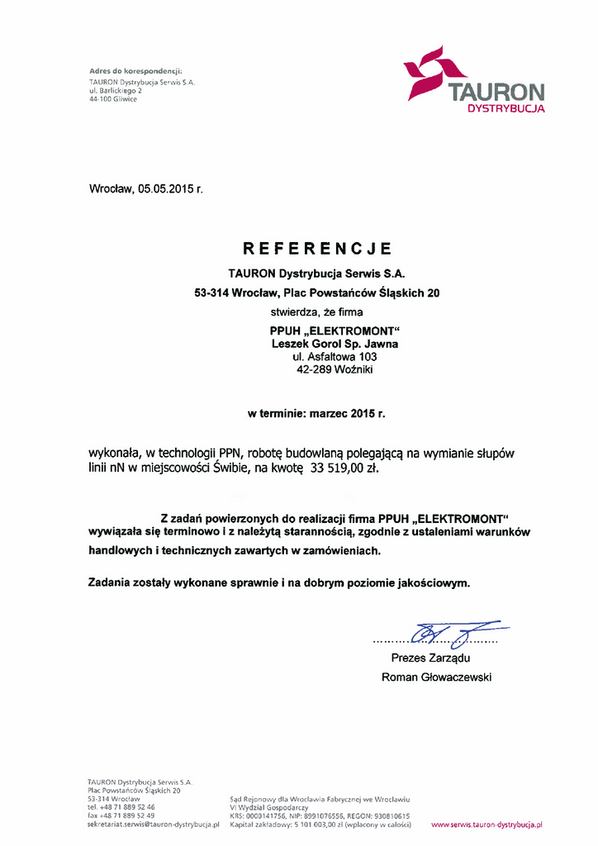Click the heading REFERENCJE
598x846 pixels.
coord(317,249)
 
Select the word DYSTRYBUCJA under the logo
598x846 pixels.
coord(505,108)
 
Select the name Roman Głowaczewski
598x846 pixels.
coord(436,677)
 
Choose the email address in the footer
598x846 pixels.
coord(153,824)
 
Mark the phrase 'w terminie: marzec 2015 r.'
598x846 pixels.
coord(316,411)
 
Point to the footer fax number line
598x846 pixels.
coord(121,815)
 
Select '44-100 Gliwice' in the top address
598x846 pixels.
coord(113,99)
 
